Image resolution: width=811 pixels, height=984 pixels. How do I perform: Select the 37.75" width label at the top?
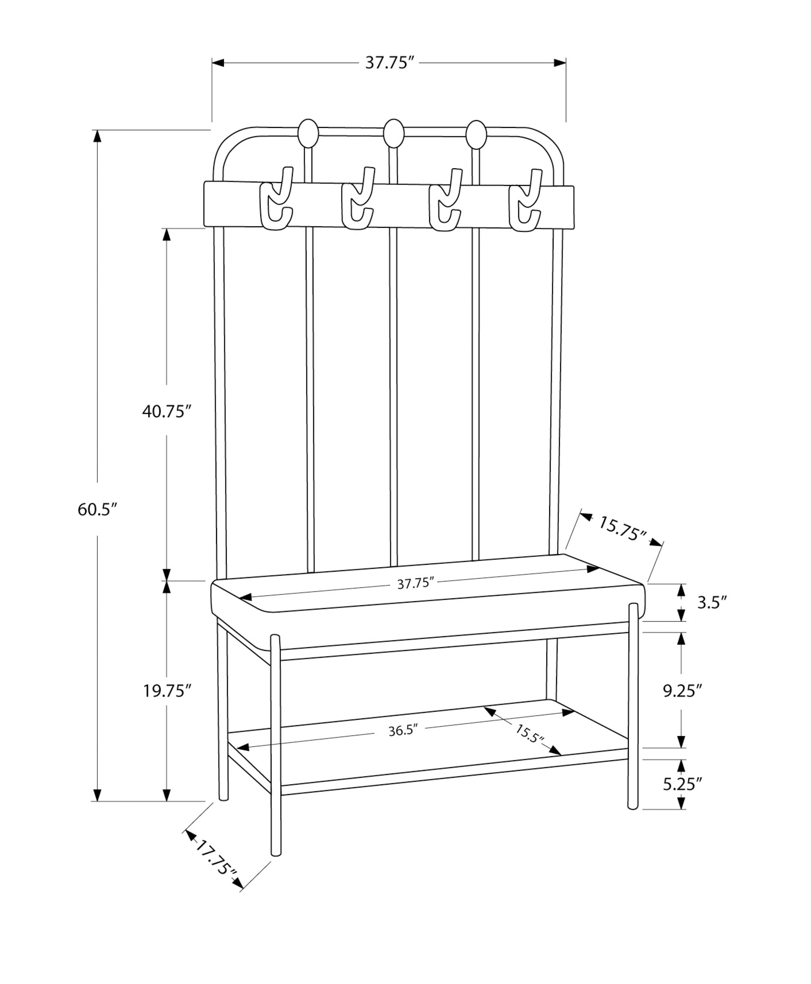click(x=388, y=63)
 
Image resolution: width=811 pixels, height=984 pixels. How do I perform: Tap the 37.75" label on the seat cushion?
click(x=415, y=584)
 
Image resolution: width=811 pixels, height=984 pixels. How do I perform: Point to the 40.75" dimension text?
click(x=166, y=411)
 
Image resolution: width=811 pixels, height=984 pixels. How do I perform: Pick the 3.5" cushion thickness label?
click(x=712, y=603)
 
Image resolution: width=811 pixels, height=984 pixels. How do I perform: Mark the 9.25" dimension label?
click(x=682, y=691)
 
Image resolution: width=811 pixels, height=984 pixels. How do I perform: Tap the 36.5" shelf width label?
click(x=403, y=744)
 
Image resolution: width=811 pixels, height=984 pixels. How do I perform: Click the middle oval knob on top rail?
click(x=393, y=133)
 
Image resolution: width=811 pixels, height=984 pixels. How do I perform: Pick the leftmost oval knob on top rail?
click(x=308, y=133)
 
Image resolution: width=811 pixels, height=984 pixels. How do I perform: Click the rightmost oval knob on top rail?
click(x=475, y=134)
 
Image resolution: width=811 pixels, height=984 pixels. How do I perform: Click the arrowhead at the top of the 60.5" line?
click(x=97, y=136)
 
